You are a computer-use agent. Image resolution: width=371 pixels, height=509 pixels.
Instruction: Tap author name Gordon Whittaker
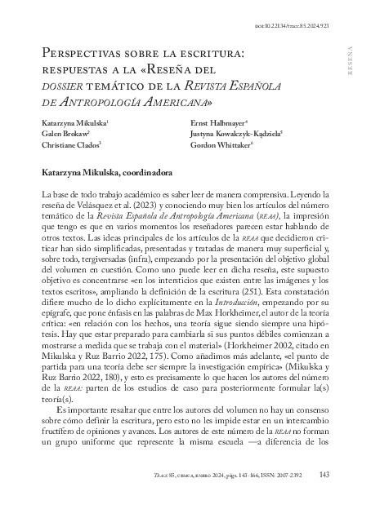pyautogui.click(x=223, y=144)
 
